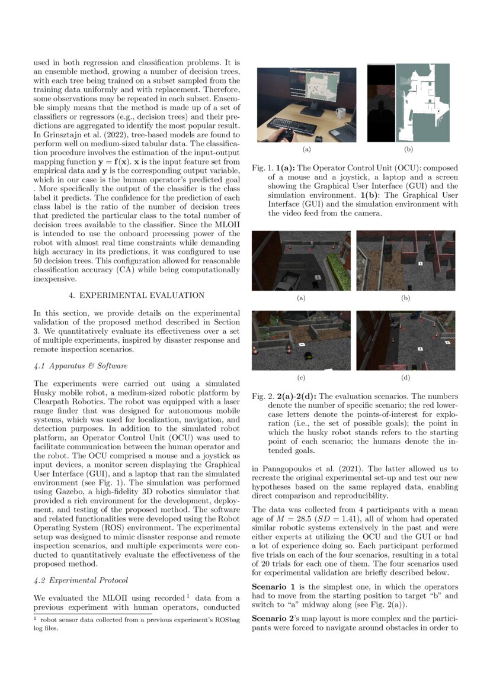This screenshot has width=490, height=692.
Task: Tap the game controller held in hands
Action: (x=286, y=136)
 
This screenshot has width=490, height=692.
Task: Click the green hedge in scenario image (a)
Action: (x=340, y=269)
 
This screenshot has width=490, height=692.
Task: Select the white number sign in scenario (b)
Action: (x=419, y=262)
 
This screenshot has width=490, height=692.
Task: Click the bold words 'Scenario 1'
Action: (x=273, y=585)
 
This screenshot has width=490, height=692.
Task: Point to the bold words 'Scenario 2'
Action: (x=273, y=618)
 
